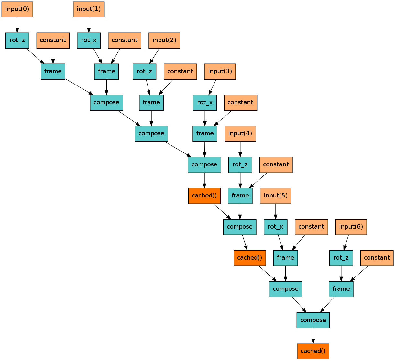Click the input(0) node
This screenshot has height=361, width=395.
17,9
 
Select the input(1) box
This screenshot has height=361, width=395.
89,9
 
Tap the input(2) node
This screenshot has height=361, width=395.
164,40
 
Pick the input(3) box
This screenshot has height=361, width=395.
220,71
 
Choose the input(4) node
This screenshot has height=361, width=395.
240,133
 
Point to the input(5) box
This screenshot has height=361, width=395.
276,196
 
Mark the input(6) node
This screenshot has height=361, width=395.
351,227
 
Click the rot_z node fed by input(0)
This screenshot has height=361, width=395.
17,40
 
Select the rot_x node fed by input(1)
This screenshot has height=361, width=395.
89,40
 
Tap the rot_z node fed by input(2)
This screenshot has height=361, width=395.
144,71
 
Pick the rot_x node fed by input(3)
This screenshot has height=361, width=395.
205,102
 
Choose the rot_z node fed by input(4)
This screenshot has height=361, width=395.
240,164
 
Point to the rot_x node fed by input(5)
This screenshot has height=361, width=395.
276,227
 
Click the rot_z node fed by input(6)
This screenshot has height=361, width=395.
341,258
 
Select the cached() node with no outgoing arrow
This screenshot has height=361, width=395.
313,351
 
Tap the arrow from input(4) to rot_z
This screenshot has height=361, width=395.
240,149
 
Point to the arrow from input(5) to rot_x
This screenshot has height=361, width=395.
276,211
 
